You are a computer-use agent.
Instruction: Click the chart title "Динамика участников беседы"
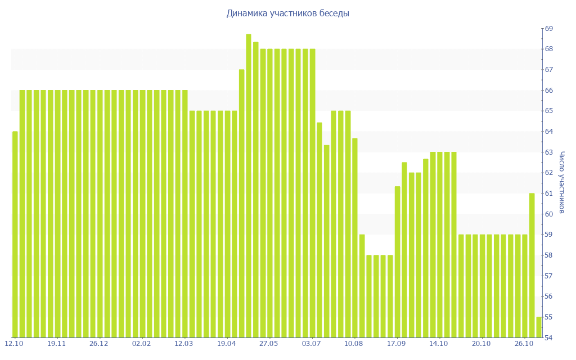pos(288,13)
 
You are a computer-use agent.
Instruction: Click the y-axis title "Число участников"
pos(561,182)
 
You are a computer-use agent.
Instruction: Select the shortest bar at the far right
pos(539,327)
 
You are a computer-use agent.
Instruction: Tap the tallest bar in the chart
pos(249,186)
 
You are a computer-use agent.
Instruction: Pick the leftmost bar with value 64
pos(15,234)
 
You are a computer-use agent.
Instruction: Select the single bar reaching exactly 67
pos(242,203)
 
